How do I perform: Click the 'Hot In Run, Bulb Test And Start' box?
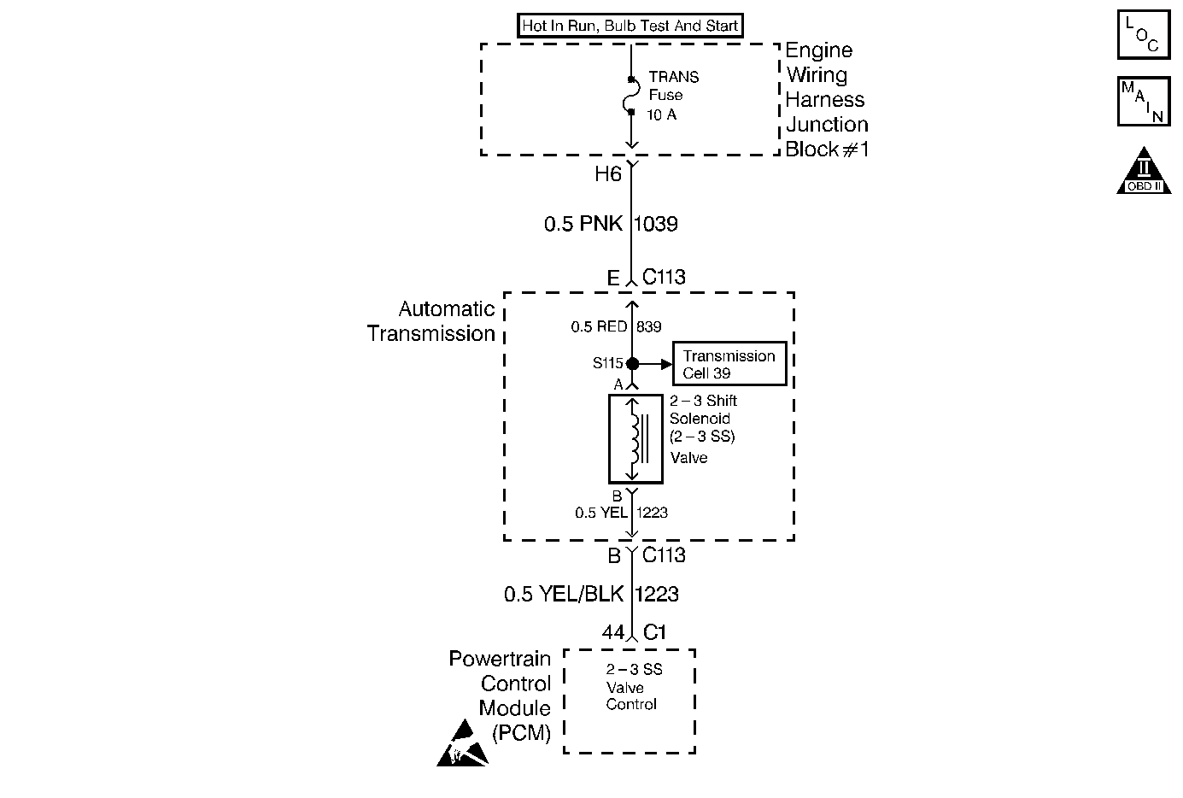tap(630, 26)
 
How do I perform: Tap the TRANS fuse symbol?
tap(631, 95)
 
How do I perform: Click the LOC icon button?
tap(1143, 35)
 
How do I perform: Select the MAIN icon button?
tap(1143, 102)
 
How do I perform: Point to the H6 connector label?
tap(607, 174)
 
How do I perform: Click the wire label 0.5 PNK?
tap(583, 225)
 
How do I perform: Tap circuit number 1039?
tap(656, 225)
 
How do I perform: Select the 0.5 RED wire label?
tap(599, 326)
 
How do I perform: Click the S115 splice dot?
tap(632, 364)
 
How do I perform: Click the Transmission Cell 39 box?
tap(729, 364)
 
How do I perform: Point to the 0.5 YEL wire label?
tap(601, 513)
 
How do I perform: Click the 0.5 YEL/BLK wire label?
tap(564, 594)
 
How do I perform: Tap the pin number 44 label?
tap(612, 633)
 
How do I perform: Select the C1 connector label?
tap(654, 633)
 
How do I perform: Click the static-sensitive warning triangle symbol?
tap(462, 743)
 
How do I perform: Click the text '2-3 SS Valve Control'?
tap(633, 687)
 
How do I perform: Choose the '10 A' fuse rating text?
tap(662, 114)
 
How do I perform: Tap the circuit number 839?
tap(649, 326)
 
